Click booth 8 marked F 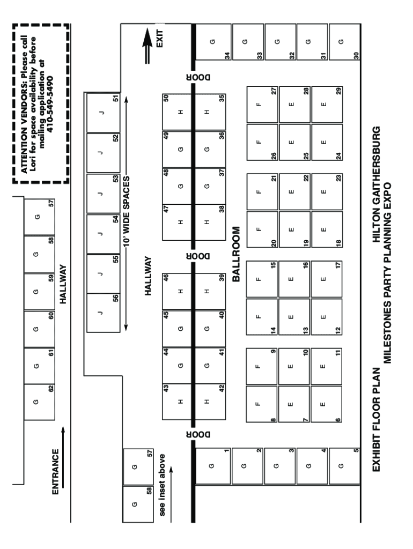[x=262, y=404]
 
